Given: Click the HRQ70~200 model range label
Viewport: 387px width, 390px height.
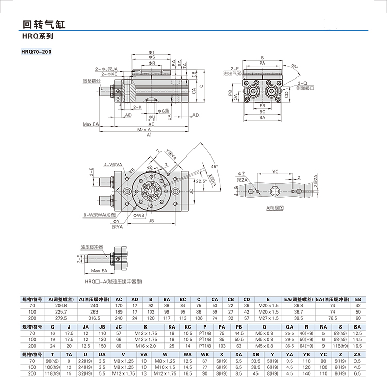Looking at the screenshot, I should pos(36,51).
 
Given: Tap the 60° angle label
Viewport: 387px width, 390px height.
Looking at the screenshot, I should pos(294,66).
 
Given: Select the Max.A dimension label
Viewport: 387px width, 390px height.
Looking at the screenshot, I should pos(144,129).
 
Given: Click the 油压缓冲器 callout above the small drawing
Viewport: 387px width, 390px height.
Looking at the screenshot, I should pos(91,248).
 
